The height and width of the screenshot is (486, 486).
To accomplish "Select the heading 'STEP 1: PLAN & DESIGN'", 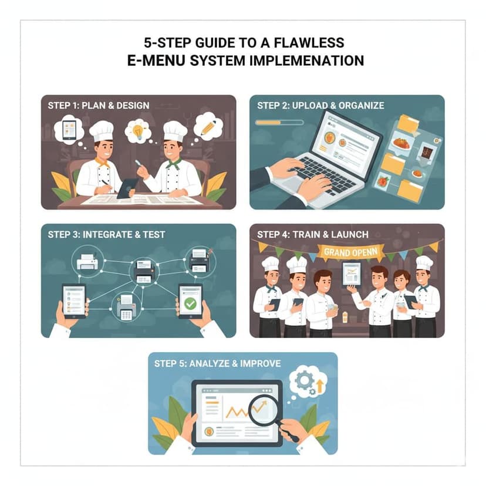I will [99, 106].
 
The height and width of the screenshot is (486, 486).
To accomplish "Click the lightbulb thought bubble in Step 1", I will [139, 132].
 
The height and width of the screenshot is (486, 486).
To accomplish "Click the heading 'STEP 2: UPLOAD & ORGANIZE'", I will [320, 106].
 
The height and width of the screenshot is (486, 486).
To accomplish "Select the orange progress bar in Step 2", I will [279, 123].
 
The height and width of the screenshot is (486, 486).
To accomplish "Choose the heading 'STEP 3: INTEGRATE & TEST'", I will [107, 235].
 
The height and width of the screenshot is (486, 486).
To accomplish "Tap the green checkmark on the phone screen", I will [190, 303].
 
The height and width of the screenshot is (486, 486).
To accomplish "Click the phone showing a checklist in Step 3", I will [74, 301].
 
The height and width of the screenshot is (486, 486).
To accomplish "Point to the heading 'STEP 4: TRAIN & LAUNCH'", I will [313, 235].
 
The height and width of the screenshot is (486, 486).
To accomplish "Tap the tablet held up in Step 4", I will [352, 273].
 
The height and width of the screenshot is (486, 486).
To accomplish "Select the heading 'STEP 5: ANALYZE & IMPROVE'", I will [217, 363].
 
